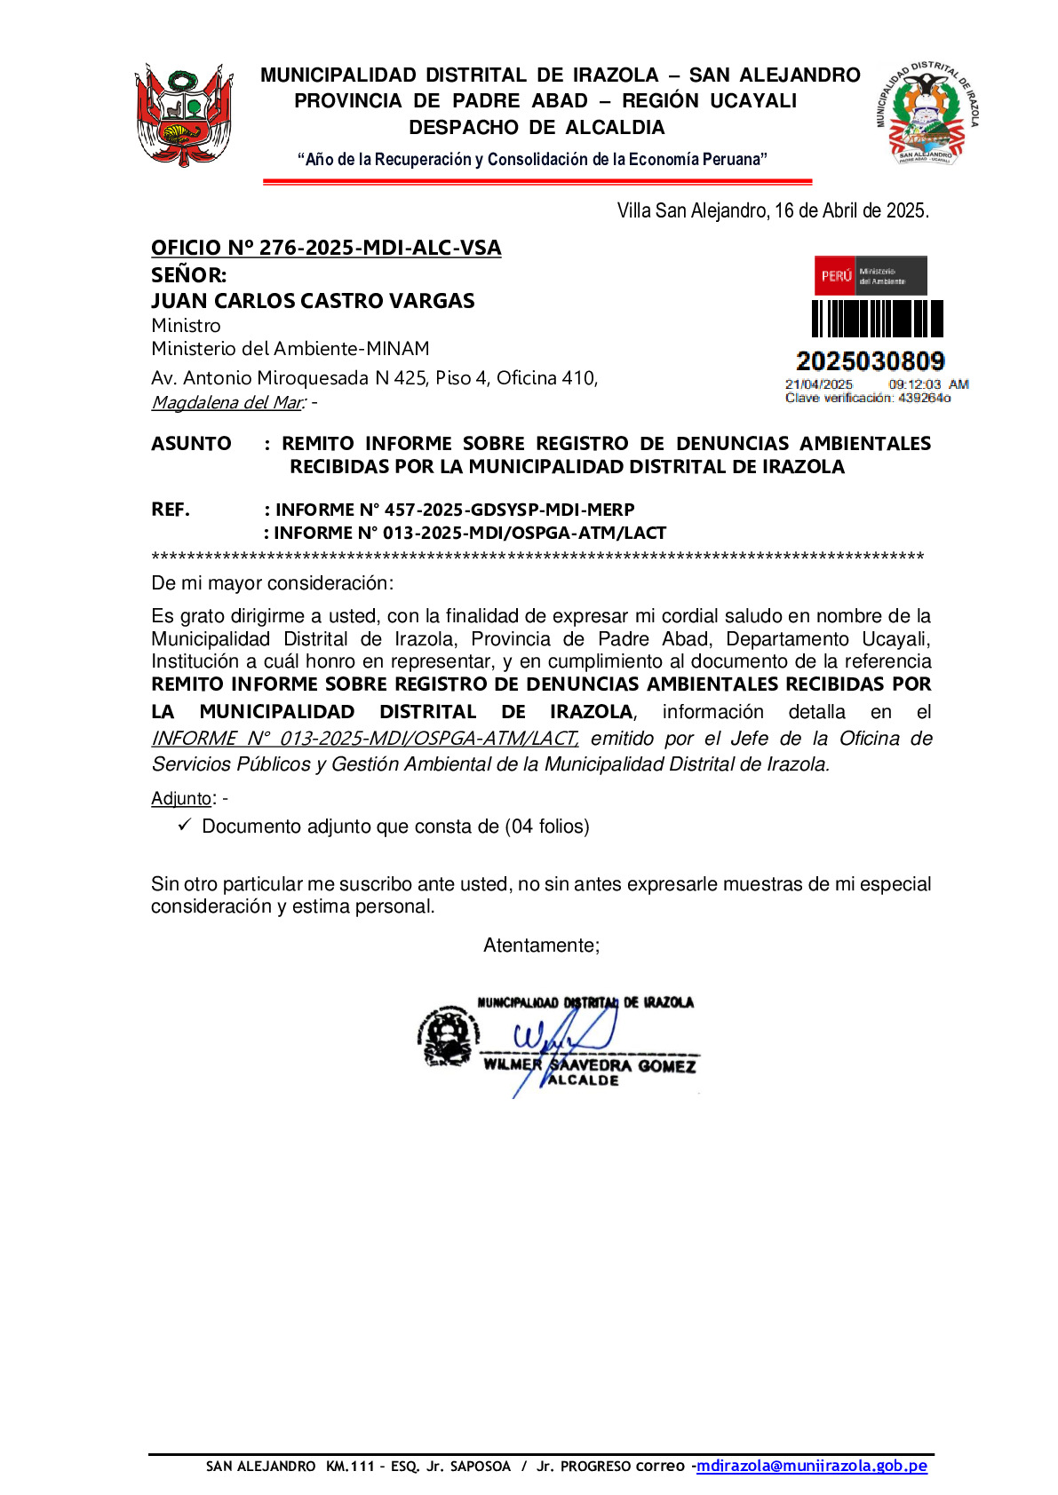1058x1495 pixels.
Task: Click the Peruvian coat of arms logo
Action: coord(184,115)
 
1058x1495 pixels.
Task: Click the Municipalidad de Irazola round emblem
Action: coord(927,113)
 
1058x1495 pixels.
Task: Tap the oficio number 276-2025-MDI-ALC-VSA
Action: coord(326,248)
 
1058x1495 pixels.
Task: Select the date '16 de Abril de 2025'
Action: coord(851,210)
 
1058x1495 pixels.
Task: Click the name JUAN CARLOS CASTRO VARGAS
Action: coord(313,301)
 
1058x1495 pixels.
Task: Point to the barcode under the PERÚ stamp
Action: coord(877,319)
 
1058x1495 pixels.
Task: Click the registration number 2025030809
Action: coord(870,361)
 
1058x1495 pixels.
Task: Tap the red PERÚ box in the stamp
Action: coord(835,276)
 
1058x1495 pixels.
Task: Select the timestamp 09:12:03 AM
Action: coord(927,384)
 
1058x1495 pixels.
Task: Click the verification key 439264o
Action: coord(924,398)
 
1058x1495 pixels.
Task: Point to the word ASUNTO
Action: coord(191,443)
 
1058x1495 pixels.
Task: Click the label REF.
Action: coord(171,510)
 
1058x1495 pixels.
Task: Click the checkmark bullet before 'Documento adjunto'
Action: coord(185,826)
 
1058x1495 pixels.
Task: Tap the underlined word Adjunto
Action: coord(181,798)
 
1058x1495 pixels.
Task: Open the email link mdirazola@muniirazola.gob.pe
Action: coord(811,1466)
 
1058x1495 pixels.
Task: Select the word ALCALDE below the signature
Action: coord(583,1080)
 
